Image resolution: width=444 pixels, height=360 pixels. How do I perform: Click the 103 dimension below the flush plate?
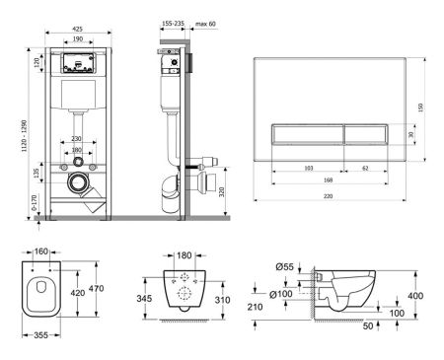point(308,169)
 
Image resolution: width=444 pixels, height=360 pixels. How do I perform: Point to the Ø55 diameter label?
point(286,266)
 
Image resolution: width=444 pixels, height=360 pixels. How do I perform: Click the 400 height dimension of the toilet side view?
point(415,296)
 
